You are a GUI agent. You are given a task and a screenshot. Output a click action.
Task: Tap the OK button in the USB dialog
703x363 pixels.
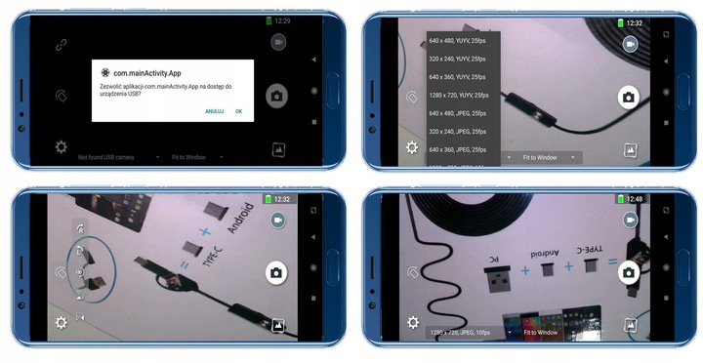[238, 111]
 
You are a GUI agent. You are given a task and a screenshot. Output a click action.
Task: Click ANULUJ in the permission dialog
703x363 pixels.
[214, 111]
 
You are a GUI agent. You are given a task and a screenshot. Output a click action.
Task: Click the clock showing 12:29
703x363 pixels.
[282, 20]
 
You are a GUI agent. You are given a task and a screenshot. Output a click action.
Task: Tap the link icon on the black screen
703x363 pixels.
[61, 44]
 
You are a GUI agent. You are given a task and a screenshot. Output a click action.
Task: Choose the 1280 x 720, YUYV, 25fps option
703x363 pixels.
[457, 95]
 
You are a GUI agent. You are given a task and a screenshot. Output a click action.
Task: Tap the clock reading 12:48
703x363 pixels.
[633, 199]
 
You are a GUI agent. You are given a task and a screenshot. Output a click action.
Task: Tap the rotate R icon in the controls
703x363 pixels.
[80, 229]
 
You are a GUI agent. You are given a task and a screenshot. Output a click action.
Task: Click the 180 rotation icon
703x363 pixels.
[80, 272]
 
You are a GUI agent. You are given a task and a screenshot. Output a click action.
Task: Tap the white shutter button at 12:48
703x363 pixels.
[629, 272]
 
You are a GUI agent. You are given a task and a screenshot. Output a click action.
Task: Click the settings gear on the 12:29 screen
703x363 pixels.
[61, 147]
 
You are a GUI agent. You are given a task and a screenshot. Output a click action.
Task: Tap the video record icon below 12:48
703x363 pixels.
[630, 222]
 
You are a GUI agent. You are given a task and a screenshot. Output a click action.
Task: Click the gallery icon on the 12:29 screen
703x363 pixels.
[278, 149]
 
